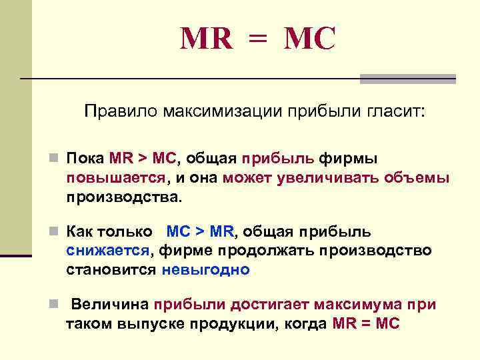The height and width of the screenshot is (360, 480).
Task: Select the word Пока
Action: (x=85, y=159)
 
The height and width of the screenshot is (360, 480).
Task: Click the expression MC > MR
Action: (x=200, y=231)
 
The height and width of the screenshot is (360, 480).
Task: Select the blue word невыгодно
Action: (x=205, y=270)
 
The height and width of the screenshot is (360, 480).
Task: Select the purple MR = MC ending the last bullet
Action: (x=365, y=324)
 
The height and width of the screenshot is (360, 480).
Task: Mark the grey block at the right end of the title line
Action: (x=407, y=79)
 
